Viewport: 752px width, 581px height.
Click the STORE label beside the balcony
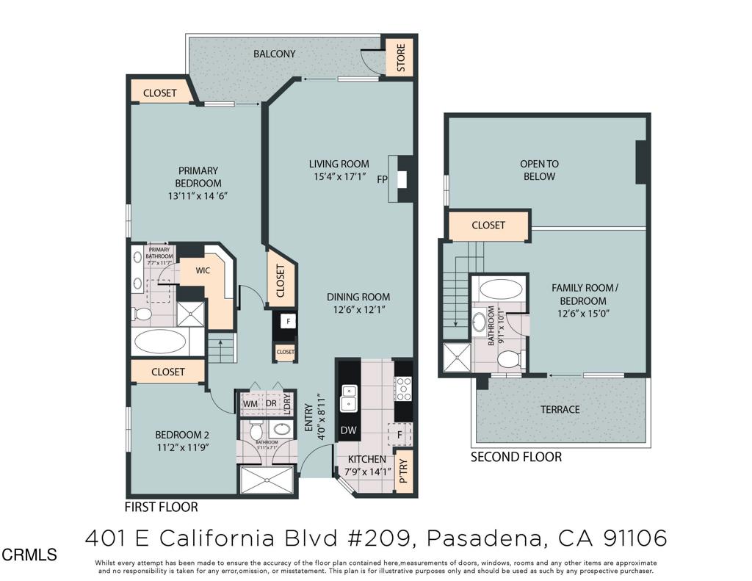(x=401, y=57)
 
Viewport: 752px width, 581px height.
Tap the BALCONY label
(x=274, y=54)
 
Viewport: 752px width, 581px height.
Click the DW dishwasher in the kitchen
(x=347, y=430)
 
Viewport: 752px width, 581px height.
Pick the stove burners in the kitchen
(x=403, y=386)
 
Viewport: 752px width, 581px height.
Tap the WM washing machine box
(x=250, y=403)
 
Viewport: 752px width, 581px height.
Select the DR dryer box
(x=271, y=403)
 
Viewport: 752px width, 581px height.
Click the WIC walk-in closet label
(x=203, y=271)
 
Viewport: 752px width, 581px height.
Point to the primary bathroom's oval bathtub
(x=161, y=341)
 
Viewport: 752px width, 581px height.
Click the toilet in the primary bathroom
(x=142, y=314)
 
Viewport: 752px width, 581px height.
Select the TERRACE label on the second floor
(x=560, y=409)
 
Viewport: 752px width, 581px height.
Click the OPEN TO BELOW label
(x=538, y=170)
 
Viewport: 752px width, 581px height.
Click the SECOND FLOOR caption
(x=516, y=457)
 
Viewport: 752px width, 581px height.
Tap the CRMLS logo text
(x=29, y=555)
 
